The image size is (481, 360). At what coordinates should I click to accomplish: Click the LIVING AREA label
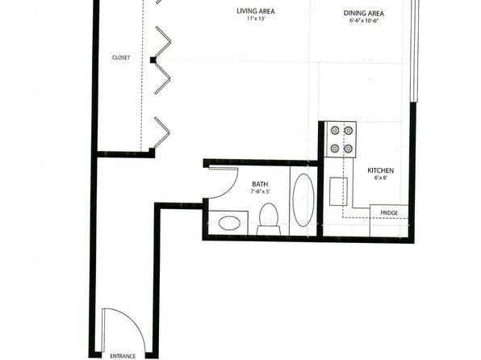[256, 11]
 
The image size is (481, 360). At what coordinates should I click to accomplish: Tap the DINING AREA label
[363, 13]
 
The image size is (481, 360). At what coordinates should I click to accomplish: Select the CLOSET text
[121, 57]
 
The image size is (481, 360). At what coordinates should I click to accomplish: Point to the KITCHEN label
[380, 170]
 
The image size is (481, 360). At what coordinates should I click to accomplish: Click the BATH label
[260, 184]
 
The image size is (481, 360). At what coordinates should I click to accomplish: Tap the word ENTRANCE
[123, 356]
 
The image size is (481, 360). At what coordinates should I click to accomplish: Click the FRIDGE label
[389, 212]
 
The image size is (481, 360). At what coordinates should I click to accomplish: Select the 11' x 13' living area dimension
[256, 19]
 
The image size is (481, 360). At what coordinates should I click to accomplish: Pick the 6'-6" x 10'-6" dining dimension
[363, 21]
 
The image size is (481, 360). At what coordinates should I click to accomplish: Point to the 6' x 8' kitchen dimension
[380, 178]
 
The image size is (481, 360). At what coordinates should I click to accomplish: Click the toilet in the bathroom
[269, 219]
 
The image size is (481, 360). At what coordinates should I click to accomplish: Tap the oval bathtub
[303, 200]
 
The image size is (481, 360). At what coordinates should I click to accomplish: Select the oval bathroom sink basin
[229, 223]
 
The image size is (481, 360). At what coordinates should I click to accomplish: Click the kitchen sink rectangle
[338, 191]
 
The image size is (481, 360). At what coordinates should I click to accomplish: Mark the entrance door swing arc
[134, 321]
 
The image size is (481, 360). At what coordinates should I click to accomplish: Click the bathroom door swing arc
[230, 188]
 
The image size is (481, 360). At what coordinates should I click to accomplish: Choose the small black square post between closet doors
[153, 61]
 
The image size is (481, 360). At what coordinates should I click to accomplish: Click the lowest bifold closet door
[162, 132]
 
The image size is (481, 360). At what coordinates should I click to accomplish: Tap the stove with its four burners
[341, 140]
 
